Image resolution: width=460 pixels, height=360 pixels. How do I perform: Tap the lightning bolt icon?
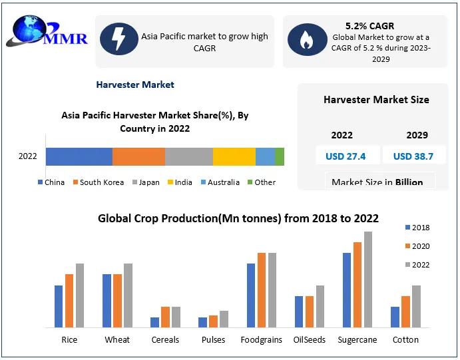tap(118, 39)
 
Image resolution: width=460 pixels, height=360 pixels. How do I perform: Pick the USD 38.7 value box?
tap(413, 156)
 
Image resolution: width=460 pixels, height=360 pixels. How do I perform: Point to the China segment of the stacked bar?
tap(79, 156)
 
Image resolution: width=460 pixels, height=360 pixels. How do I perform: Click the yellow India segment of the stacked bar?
tap(234, 156)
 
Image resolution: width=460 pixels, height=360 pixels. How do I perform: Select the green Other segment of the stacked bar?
tap(280, 156)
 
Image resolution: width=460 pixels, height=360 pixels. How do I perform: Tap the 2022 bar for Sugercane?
tap(368, 279)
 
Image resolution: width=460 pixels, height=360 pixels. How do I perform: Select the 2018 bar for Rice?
tap(59, 306)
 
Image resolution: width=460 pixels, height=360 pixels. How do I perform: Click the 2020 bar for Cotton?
tap(405, 311)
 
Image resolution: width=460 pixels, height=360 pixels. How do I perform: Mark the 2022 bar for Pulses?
tap(224, 319)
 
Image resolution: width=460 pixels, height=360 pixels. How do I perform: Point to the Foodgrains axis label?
tap(261, 340)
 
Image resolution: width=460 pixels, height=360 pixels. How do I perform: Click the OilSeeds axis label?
tap(310, 340)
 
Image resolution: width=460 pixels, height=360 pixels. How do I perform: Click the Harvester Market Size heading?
tap(376, 100)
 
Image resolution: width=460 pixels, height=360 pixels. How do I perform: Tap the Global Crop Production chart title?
tap(238, 218)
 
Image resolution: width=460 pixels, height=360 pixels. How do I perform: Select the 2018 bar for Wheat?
tap(107, 301)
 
